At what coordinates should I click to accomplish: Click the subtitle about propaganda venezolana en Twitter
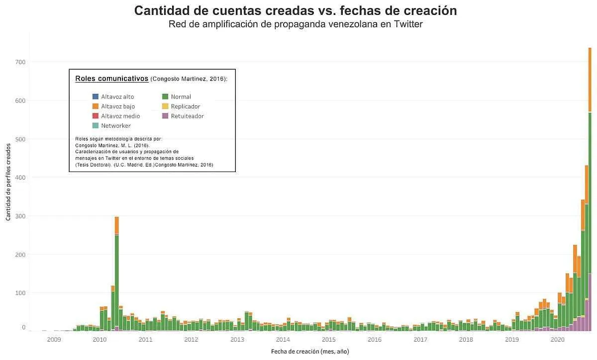click(x=296, y=24)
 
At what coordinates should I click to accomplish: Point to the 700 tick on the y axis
click(x=20, y=62)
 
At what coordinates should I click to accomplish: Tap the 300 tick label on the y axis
click(x=20, y=216)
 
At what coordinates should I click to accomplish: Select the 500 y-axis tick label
click(x=20, y=139)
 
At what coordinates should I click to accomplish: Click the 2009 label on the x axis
click(x=54, y=340)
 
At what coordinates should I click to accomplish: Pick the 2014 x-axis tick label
click(x=283, y=340)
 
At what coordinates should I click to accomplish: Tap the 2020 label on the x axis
click(x=558, y=340)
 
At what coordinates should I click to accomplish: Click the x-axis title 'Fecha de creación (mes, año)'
click(x=310, y=351)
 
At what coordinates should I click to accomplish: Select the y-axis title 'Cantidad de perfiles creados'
click(x=8, y=181)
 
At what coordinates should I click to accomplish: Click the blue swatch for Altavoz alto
click(x=96, y=97)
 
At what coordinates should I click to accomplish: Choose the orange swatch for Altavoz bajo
click(x=96, y=106)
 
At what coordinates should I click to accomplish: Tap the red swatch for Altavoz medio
click(x=96, y=116)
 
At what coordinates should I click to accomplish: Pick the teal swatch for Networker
click(x=96, y=126)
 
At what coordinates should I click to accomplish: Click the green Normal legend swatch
click(x=165, y=97)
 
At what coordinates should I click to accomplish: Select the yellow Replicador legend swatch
click(x=165, y=106)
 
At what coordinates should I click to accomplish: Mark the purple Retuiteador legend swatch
click(x=165, y=116)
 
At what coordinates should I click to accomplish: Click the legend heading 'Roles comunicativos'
click(x=111, y=79)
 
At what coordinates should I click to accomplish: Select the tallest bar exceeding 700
click(x=590, y=199)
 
